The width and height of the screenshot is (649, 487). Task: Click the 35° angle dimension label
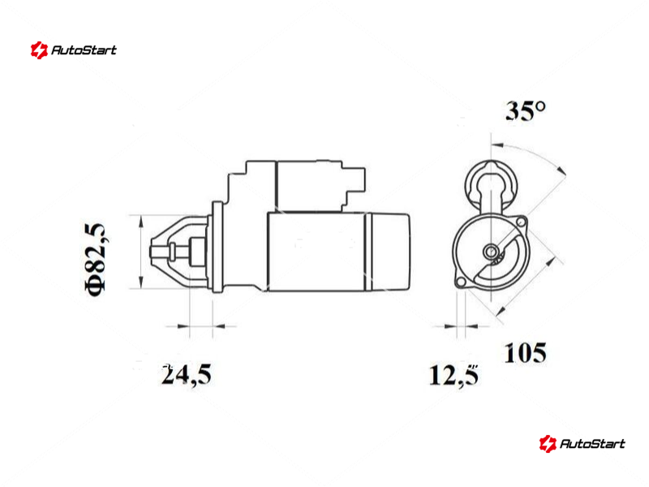point(526,111)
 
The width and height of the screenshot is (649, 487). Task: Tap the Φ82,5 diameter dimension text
point(96,260)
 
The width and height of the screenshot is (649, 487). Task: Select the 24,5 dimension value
point(187,375)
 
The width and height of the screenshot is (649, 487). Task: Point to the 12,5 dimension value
point(454,376)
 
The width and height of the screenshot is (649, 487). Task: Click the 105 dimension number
point(525,353)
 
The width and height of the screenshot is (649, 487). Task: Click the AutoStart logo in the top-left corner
point(74,50)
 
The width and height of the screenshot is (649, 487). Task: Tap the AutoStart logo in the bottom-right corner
point(582,443)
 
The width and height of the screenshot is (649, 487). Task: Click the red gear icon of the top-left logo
point(39,50)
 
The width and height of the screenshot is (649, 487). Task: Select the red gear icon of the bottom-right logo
point(548,443)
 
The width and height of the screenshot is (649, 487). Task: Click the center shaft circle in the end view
point(492,251)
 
